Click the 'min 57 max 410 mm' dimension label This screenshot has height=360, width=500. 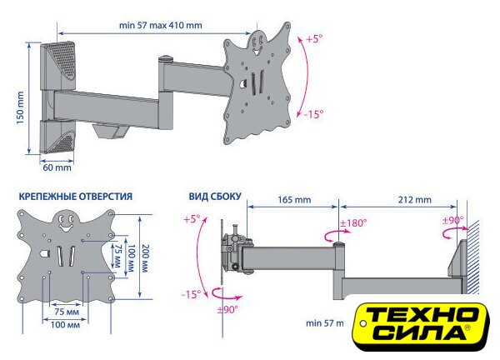point(160,25)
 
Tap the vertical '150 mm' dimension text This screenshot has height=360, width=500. point(20,107)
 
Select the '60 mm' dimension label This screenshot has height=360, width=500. point(57,167)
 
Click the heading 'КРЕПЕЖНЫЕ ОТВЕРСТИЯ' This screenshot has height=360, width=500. point(76,196)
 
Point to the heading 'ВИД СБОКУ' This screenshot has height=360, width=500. point(215,196)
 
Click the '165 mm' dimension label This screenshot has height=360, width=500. point(294,200)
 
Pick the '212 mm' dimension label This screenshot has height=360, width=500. point(414,200)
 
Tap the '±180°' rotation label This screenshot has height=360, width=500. point(353,222)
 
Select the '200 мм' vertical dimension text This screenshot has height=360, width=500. point(145,258)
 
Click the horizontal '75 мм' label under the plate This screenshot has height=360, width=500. point(67,312)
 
